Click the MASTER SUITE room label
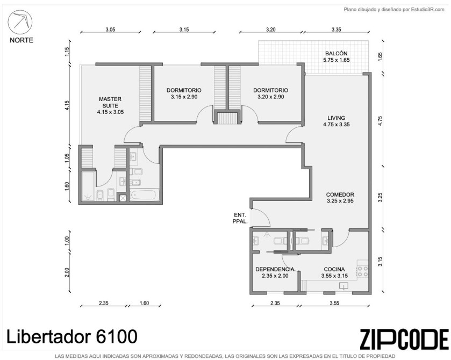(x=110, y=103)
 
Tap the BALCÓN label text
(x=337, y=54)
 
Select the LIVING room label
(x=337, y=118)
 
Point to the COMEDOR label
(x=340, y=195)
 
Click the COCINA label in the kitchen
(x=334, y=269)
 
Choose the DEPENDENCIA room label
(x=275, y=269)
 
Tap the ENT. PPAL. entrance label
(x=240, y=218)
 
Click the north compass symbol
(x=20, y=22)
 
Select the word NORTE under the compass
(x=22, y=40)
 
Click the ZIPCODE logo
(x=404, y=340)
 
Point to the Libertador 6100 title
(x=71, y=336)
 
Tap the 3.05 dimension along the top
(x=110, y=30)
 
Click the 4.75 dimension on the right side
(x=380, y=120)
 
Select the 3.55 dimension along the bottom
(x=334, y=303)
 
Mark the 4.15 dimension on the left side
(x=67, y=105)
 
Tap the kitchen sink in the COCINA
(x=343, y=285)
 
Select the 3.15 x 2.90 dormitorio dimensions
(x=184, y=97)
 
